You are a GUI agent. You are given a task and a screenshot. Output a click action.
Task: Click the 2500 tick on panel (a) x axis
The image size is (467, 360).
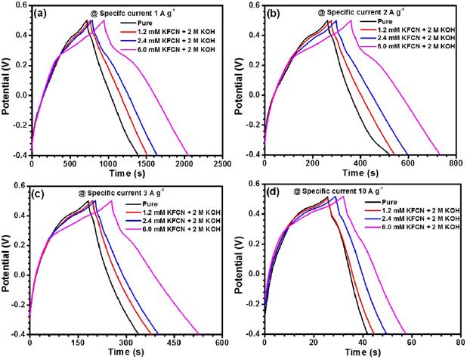(223, 163)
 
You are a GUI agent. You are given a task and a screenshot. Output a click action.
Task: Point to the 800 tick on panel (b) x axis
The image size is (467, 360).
(455, 163)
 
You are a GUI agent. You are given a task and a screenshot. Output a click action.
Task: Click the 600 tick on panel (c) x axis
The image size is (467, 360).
(223, 342)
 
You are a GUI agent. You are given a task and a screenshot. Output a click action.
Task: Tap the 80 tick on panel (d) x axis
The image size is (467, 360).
(455, 342)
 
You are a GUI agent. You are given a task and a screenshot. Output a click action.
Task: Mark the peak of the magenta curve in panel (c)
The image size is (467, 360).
(112, 200)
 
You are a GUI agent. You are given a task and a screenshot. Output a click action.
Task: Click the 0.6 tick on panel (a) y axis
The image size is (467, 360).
(23, 7)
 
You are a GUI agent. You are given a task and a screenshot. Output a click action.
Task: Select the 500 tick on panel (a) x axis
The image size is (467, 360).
(69, 163)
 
